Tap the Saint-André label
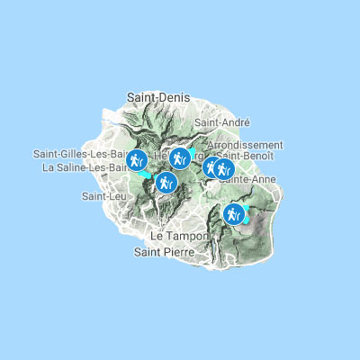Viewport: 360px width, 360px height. click(x=221, y=121)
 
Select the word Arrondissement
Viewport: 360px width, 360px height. click(x=246, y=144)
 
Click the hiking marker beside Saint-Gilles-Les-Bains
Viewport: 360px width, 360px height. click(x=136, y=160)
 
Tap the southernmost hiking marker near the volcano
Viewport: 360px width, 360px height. click(x=234, y=214)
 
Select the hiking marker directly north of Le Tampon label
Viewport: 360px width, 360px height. click(x=165, y=183)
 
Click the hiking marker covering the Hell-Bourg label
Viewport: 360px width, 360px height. click(x=180, y=159)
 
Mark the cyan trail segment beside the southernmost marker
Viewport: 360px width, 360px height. click(x=246, y=217)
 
